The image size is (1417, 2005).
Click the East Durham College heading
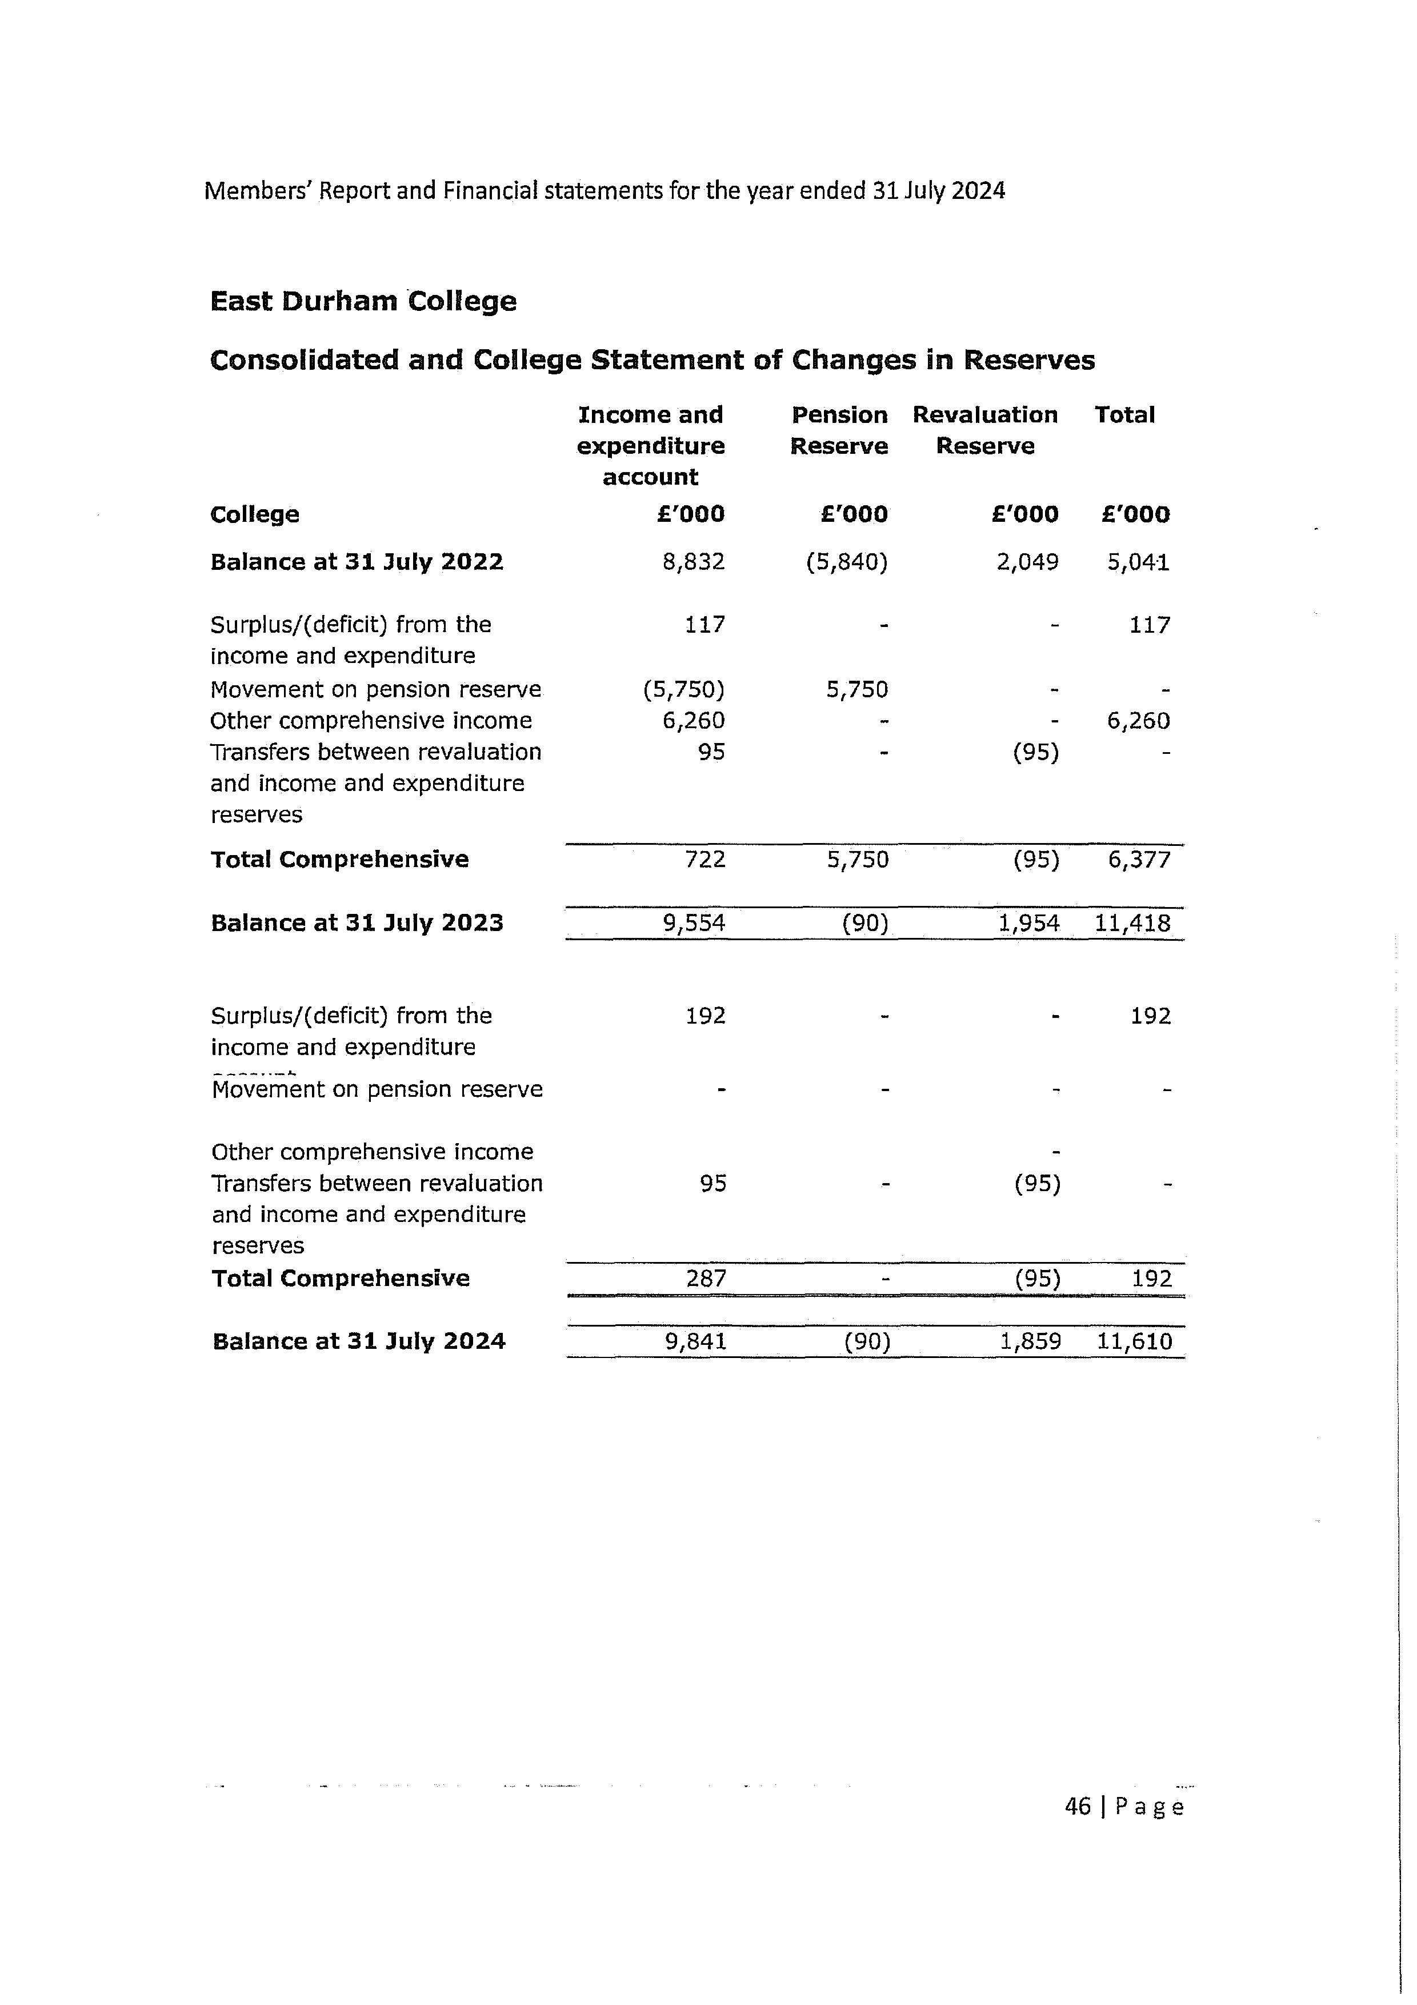coord(363,301)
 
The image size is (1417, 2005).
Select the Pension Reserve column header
coord(839,430)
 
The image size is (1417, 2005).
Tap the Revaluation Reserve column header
coord(985,430)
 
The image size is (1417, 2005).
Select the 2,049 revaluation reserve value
coord(1027,561)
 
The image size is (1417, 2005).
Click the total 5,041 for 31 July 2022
coord(1139,561)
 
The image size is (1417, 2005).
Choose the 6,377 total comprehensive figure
coord(1139,859)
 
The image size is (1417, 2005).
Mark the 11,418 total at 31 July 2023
coord(1132,923)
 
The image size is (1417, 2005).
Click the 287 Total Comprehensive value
coord(706,1279)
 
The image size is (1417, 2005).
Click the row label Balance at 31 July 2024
coord(359,1341)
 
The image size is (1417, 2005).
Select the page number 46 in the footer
coord(1078,1806)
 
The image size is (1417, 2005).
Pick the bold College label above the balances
coord(255,514)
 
